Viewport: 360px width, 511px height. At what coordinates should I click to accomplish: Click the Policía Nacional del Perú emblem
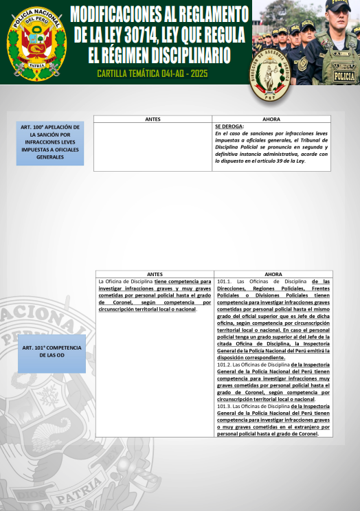pyautogui.click(x=37, y=43)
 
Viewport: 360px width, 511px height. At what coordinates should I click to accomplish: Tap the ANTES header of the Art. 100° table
pyautogui.click(x=153, y=120)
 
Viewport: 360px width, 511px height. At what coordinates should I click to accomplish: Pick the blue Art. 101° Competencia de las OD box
pyautogui.click(x=52, y=354)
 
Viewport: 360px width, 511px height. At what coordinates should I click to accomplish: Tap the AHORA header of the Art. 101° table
pyautogui.click(x=273, y=275)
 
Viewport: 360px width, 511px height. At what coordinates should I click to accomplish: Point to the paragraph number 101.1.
pyautogui.click(x=225, y=282)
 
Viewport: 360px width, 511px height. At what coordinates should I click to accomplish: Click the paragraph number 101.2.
pyautogui.click(x=225, y=365)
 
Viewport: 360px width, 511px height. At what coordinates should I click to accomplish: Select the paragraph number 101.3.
pyautogui.click(x=225, y=407)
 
